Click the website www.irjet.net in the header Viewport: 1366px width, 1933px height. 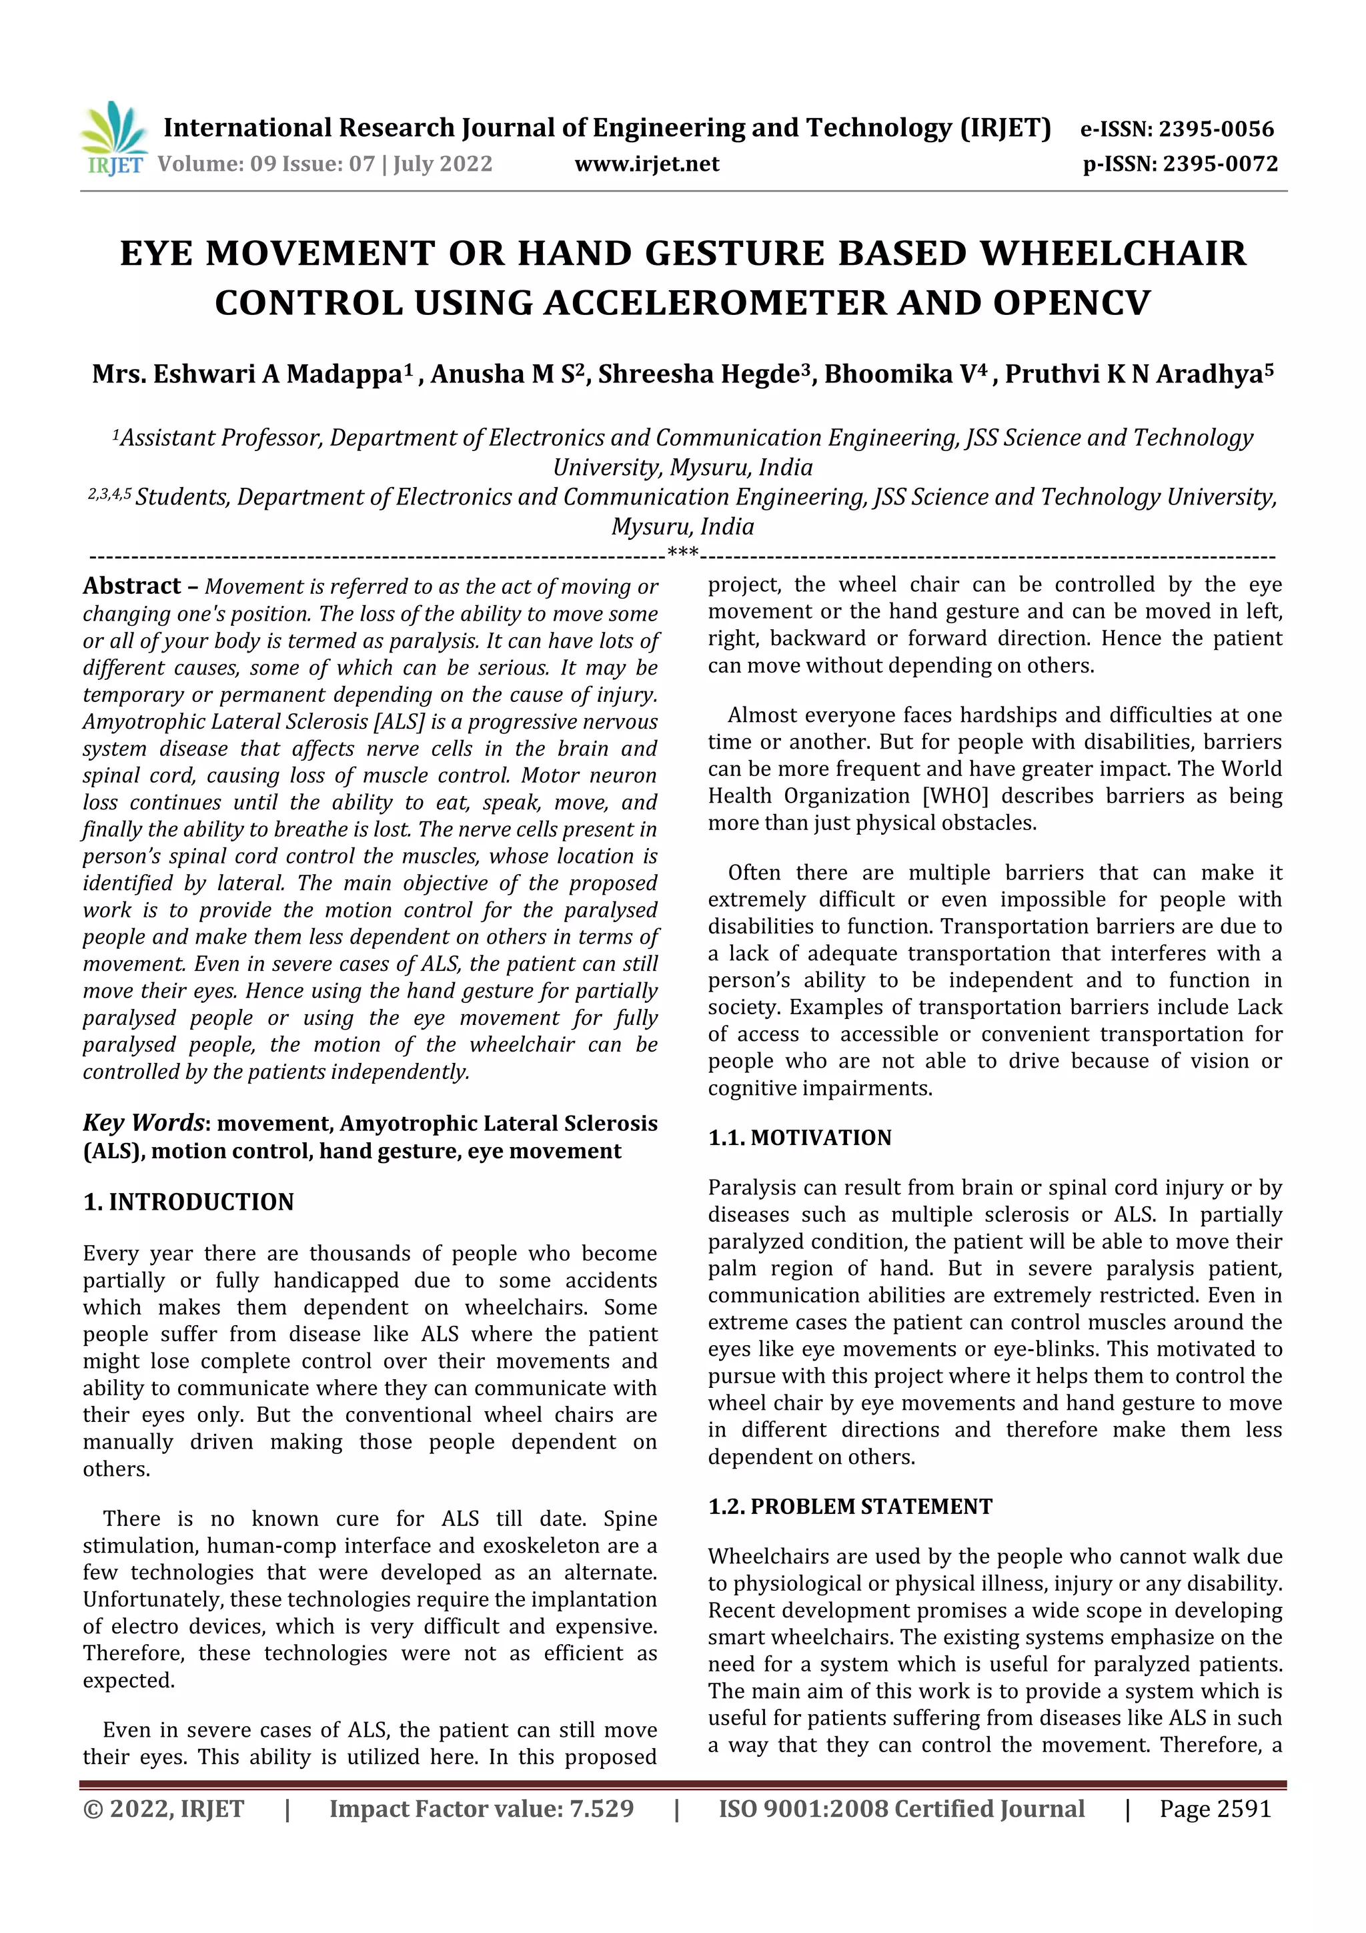pos(646,163)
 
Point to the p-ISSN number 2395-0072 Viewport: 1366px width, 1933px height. pos(1221,163)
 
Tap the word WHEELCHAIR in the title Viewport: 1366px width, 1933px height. pos(1113,253)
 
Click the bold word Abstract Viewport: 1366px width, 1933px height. pos(132,586)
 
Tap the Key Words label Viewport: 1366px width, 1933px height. pos(143,1122)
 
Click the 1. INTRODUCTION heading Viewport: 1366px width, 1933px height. pos(189,1202)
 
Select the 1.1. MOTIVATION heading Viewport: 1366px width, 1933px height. pos(799,1138)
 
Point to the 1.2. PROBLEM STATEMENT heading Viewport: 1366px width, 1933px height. pos(850,1506)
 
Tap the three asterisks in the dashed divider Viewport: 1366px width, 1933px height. pos(682,554)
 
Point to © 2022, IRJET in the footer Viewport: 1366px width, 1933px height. pos(163,1808)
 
